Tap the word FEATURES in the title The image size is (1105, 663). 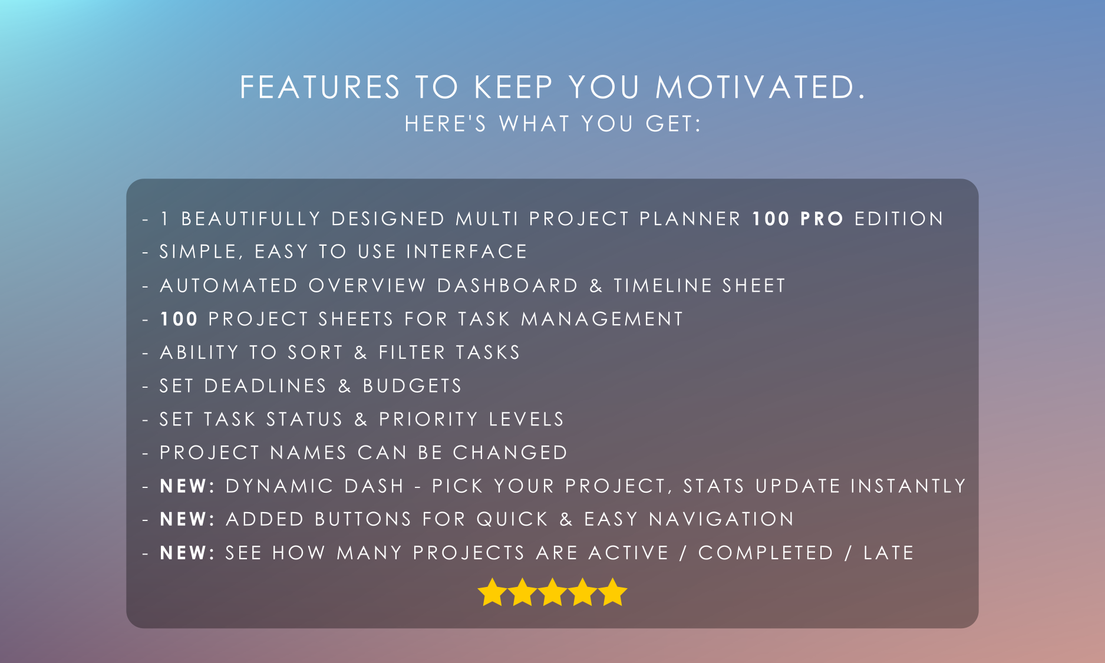pyautogui.click(x=320, y=87)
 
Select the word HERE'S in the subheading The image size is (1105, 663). pyautogui.click(x=446, y=124)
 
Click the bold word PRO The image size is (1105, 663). pyautogui.click(x=822, y=219)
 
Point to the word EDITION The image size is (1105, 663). pyautogui.click(x=899, y=219)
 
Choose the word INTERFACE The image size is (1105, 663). pyautogui.click(x=466, y=252)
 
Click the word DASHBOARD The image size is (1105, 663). pyautogui.click(x=507, y=286)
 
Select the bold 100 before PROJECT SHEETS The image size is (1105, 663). pyautogui.click(x=179, y=319)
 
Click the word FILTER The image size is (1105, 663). pyautogui.click(x=412, y=352)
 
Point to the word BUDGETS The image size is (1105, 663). pyautogui.click(x=412, y=386)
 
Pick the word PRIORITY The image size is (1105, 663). pyautogui.click(x=428, y=419)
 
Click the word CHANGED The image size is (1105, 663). pyautogui.click(x=510, y=453)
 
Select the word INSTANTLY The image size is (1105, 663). pyautogui.click(x=908, y=486)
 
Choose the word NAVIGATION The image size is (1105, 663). pyautogui.click(x=721, y=519)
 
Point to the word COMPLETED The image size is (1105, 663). pyautogui.click(x=766, y=553)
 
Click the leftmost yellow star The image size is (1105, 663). pyautogui.click(x=492, y=592)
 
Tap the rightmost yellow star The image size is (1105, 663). pyautogui.click(x=613, y=592)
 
